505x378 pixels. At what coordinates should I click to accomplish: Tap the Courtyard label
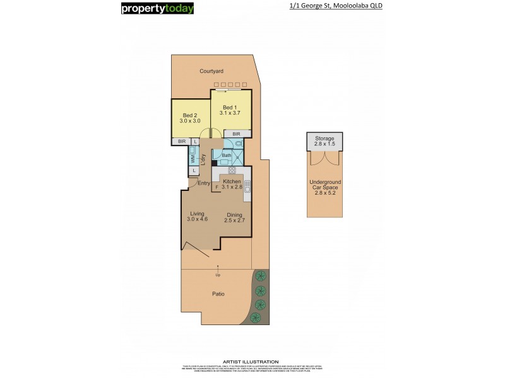pos(212,71)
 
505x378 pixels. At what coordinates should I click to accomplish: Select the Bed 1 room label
pos(230,110)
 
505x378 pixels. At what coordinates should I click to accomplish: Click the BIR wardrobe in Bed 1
pos(236,134)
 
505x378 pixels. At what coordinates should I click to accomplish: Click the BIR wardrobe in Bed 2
pos(182,141)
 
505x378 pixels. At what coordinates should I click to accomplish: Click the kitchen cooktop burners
pos(232,170)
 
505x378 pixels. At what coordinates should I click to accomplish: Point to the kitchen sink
pos(247,186)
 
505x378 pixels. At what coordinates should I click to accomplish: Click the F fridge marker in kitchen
pos(217,187)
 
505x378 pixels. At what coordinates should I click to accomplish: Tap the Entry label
pos(203,183)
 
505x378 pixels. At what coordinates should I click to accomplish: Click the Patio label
pos(218,294)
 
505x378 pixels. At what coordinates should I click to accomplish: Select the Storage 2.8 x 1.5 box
pos(326,141)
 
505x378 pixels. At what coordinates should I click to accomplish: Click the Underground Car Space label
pos(326,186)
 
